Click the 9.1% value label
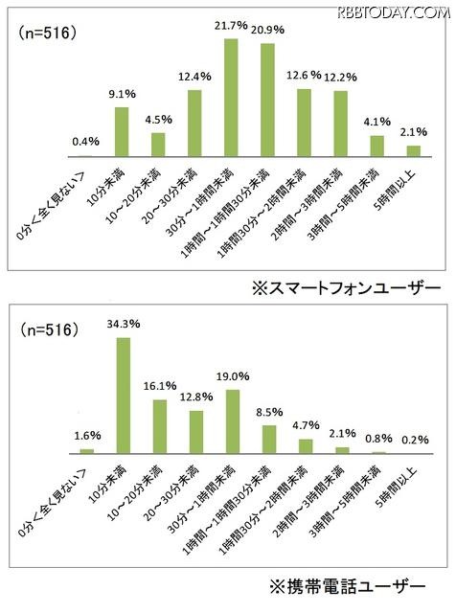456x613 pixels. tap(121, 94)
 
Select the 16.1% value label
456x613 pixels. tap(158, 386)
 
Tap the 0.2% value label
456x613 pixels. tap(415, 440)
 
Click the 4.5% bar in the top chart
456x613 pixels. tap(158, 145)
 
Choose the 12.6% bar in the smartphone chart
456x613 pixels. tap(304, 123)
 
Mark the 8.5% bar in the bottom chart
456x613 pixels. tap(268, 439)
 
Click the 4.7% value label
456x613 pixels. tap(305, 427)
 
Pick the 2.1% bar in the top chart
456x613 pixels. tap(414, 150)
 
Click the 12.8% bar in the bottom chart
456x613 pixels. tap(194, 431)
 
